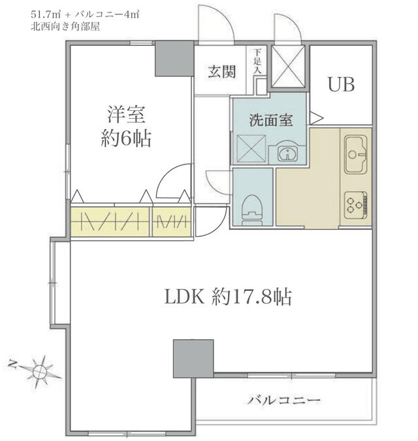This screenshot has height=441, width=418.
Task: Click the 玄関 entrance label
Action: pyautogui.click(x=221, y=72)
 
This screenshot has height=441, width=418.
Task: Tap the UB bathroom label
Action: pyautogui.click(x=341, y=84)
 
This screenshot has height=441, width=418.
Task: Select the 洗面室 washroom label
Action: pyautogui.click(x=271, y=120)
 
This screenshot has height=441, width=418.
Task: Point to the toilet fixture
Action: pyautogui.click(x=252, y=210)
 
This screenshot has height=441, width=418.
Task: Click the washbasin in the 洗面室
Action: pyautogui.click(x=287, y=153)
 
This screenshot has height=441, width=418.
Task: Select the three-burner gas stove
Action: pyautogui.click(x=356, y=205)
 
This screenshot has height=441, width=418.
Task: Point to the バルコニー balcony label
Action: pyautogui.click(x=284, y=400)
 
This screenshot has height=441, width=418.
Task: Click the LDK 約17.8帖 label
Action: pyautogui.click(x=228, y=297)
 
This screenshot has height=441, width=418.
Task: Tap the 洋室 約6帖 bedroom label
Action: pyautogui.click(x=126, y=127)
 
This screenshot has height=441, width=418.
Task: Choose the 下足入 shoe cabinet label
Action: pyautogui.click(x=257, y=61)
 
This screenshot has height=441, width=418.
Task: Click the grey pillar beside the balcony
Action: pyautogui.click(x=193, y=358)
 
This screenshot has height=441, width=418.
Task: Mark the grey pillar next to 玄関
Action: pyautogui.click(x=174, y=59)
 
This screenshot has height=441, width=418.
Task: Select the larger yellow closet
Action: pyautogui.click(x=110, y=221)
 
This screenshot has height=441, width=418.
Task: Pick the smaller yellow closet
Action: pyautogui.click(x=172, y=221)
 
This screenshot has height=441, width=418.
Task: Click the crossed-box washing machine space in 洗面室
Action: pyautogui.click(x=251, y=149)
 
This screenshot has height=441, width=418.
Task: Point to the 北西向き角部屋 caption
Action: pyautogui.click(x=65, y=27)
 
